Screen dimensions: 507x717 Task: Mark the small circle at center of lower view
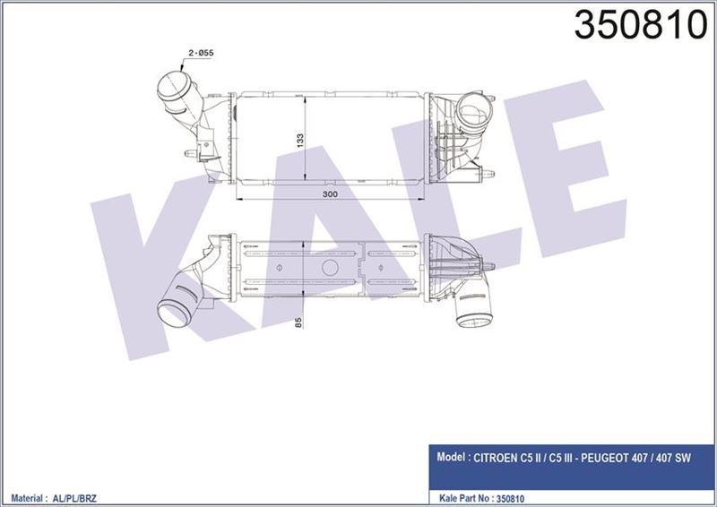(x=328, y=268)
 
